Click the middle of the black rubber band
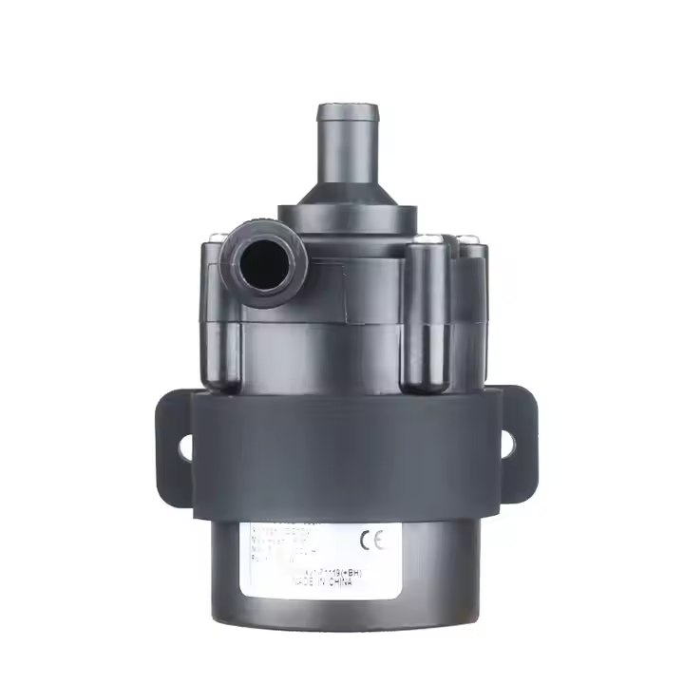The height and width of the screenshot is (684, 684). pyautogui.click(x=342, y=456)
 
